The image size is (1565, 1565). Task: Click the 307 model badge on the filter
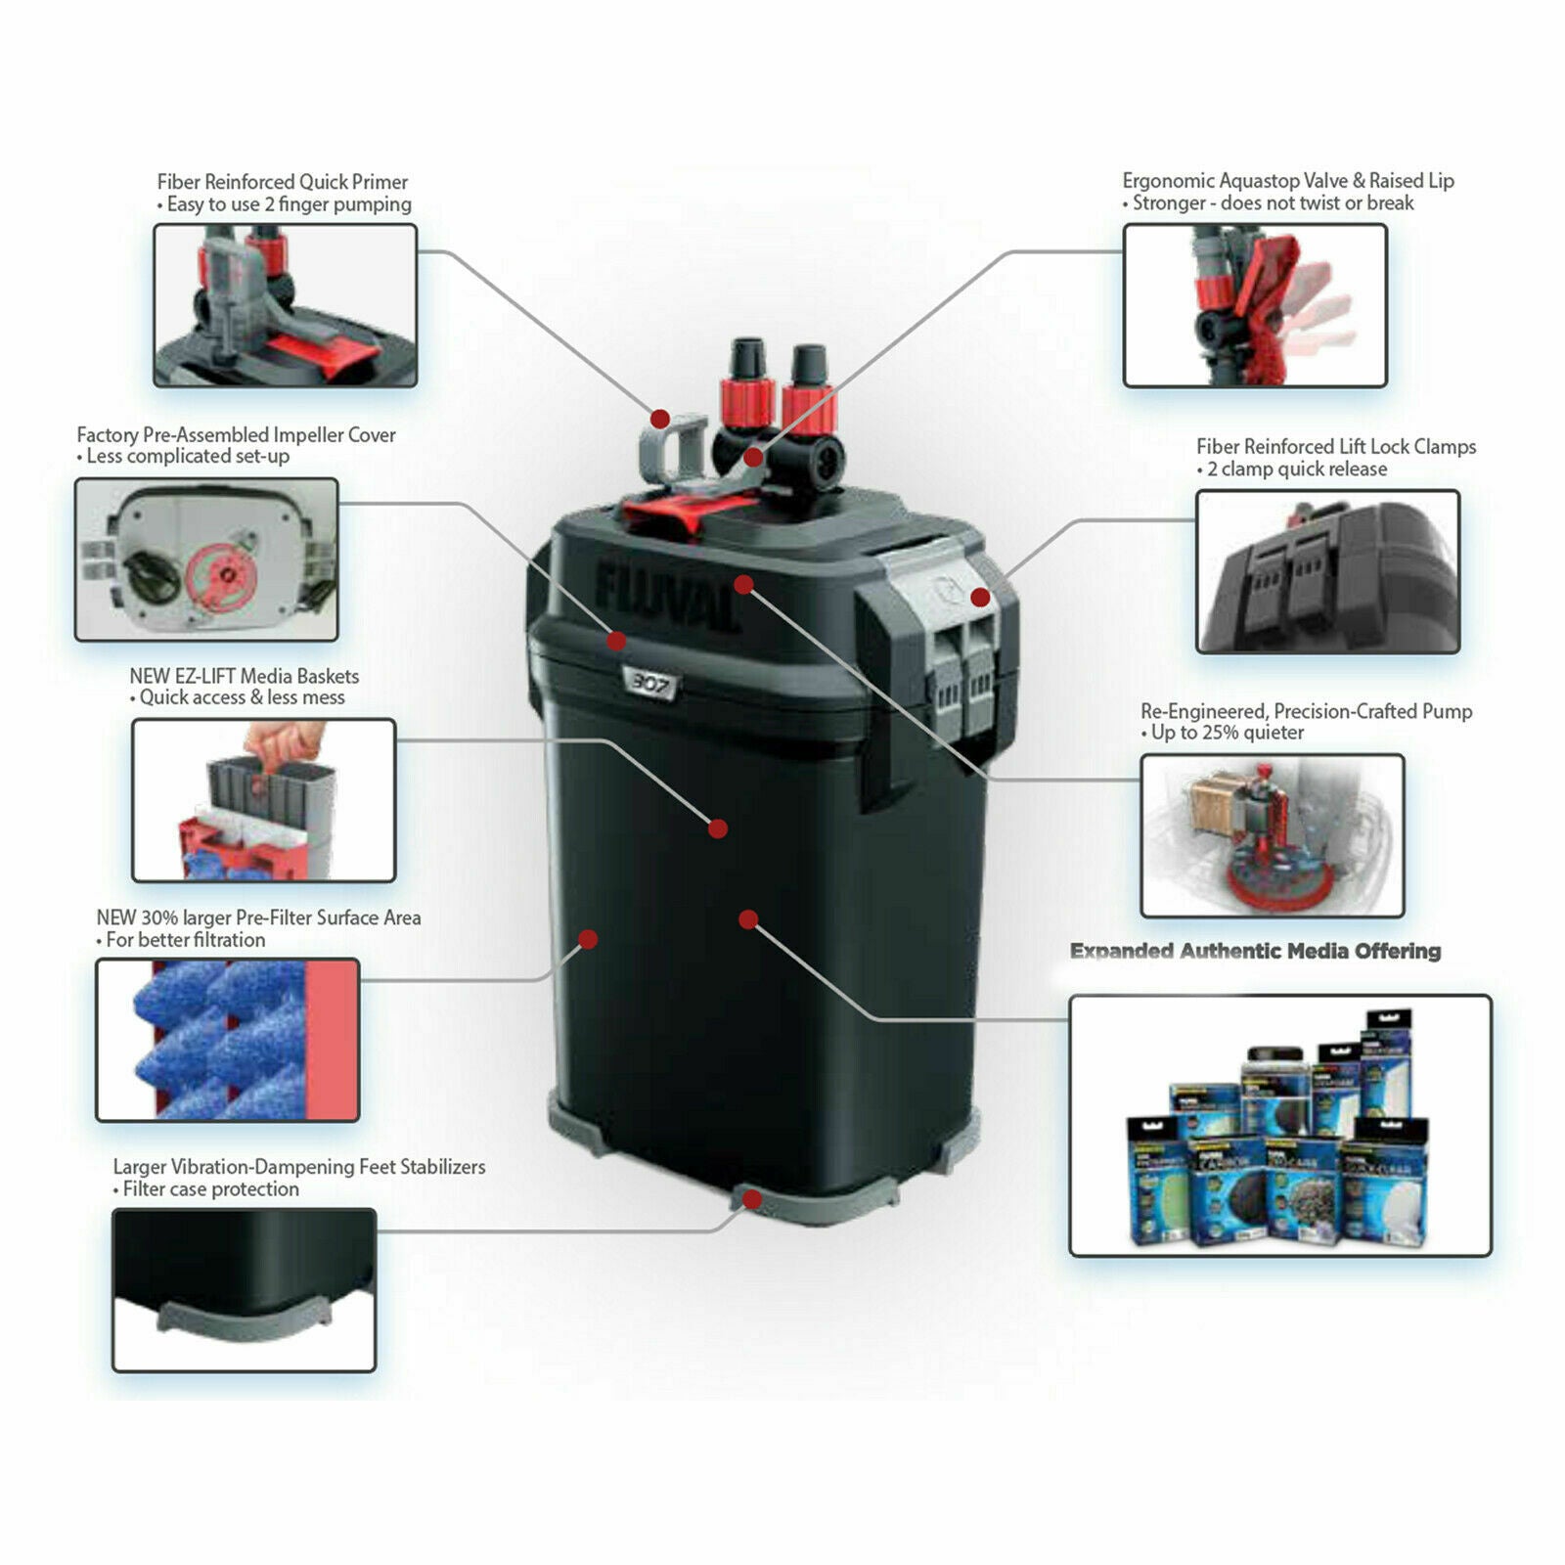[649, 684]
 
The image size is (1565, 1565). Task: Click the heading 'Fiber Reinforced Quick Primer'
[282, 182]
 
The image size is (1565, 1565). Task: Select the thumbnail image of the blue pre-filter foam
[228, 1040]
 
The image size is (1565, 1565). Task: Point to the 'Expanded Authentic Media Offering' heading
[1255, 951]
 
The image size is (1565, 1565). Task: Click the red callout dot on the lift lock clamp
[980, 598]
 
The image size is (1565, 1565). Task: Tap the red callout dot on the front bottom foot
[751, 1199]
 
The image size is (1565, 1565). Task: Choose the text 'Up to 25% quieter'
[1228, 733]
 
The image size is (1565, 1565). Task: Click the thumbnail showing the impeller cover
[206, 559]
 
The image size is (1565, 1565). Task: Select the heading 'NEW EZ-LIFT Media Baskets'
[244, 676]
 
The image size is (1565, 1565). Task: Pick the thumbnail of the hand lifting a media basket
[263, 800]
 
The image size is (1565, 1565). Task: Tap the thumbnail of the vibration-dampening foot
[244, 1289]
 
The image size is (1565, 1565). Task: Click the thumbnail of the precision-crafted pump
[1272, 835]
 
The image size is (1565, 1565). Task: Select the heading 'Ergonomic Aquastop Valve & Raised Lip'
[1287, 181]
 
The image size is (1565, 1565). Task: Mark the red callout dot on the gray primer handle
[660, 420]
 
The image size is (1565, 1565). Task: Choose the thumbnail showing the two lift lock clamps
[1327, 572]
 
